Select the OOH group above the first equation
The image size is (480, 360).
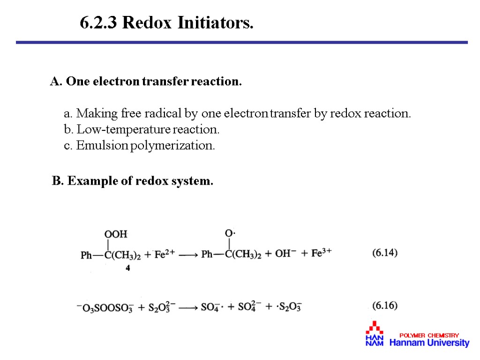point(115,233)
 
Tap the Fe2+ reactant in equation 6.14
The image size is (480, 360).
point(165,254)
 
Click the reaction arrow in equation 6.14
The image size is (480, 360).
point(188,255)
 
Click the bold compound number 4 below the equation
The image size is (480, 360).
point(128,269)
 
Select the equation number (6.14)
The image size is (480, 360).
point(385,253)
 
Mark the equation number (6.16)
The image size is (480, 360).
point(385,306)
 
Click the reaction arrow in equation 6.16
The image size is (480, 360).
point(188,308)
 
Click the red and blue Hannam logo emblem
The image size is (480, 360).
point(375,334)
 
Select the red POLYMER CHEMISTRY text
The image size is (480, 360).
point(429,335)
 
